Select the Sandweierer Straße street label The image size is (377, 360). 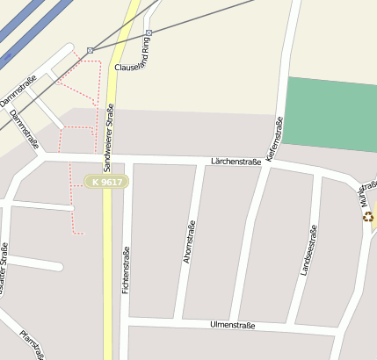coord(109,136)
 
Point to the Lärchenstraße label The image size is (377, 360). coord(236,162)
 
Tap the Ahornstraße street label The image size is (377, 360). coord(189,243)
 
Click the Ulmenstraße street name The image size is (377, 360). coord(233,325)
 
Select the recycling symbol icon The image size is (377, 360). coord(368,216)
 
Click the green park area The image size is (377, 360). coord(330,114)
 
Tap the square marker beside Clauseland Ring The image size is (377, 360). coord(148,33)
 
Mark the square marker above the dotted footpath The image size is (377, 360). coord(90,51)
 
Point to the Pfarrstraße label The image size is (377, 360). coord(32,344)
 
